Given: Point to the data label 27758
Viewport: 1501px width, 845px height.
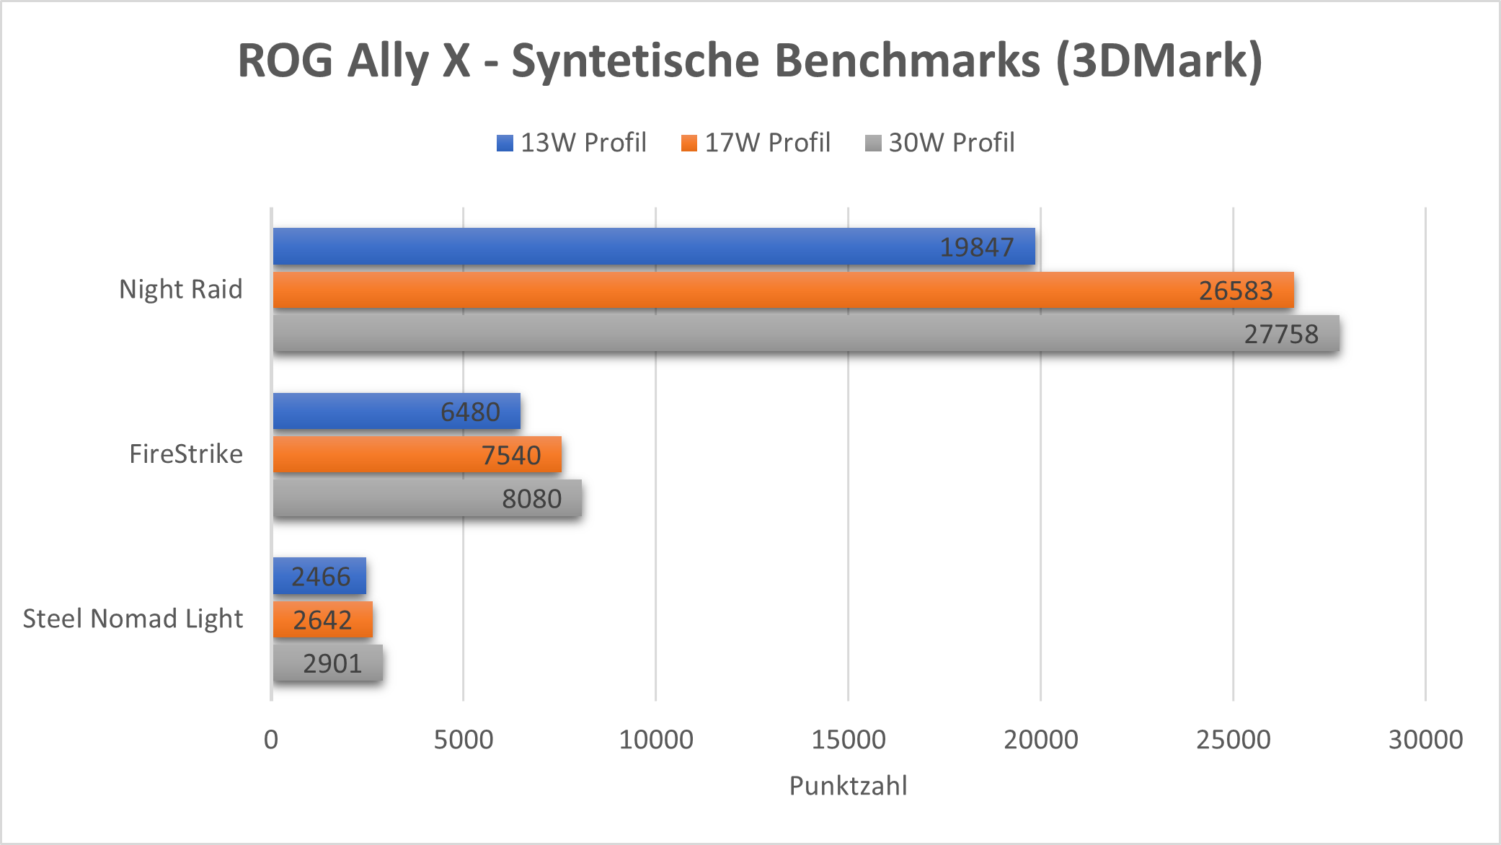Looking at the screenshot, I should click(1281, 334).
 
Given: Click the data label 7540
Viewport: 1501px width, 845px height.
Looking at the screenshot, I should click(511, 455).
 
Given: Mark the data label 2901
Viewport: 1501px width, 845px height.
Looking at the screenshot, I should click(332, 663).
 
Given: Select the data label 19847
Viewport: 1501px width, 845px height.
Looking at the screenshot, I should click(977, 247).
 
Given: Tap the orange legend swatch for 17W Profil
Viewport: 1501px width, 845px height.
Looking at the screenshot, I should click(689, 143).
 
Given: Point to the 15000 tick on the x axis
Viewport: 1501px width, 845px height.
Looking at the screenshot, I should click(849, 739).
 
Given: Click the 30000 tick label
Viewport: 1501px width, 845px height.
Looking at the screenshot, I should click(1425, 739).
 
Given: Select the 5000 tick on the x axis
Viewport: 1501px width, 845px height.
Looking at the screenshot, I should click(464, 739).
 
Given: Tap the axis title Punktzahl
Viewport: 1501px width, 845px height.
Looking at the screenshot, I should click(849, 785).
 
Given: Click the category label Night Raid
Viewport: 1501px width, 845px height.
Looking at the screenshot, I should click(181, 289).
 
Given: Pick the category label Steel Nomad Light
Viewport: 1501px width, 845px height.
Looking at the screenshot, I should click(133, 619).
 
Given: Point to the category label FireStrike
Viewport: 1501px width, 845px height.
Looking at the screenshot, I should click(186, 454).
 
